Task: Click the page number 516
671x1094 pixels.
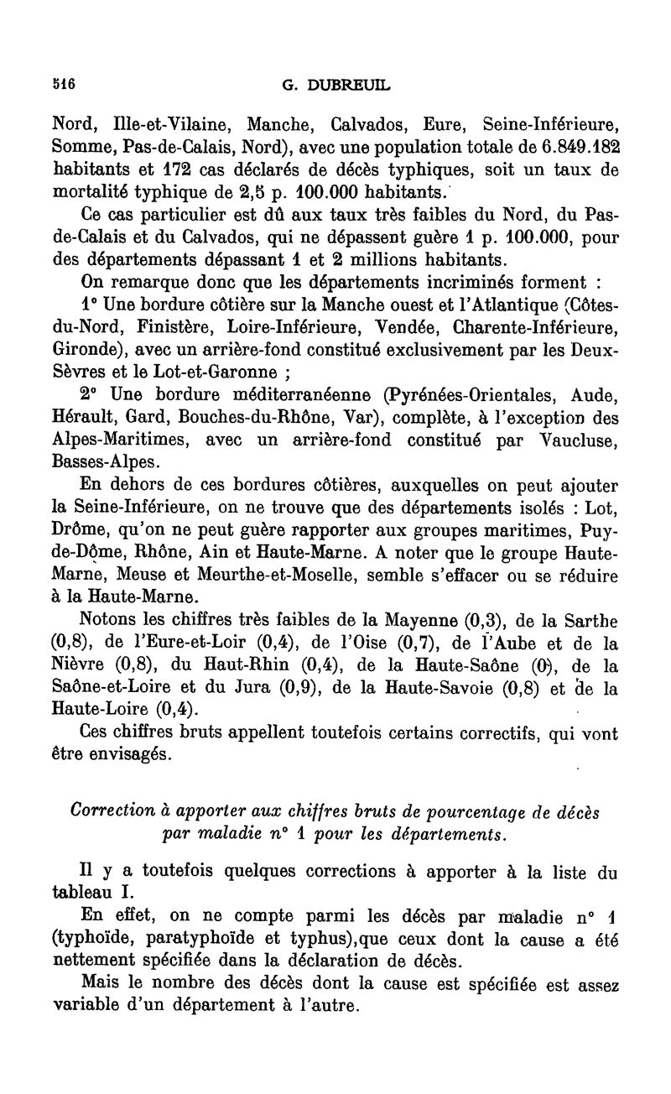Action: [x=64, y=84]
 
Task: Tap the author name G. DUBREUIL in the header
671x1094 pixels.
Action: [x=335, y=84]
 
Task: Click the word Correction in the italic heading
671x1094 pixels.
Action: [x=112, y=810]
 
